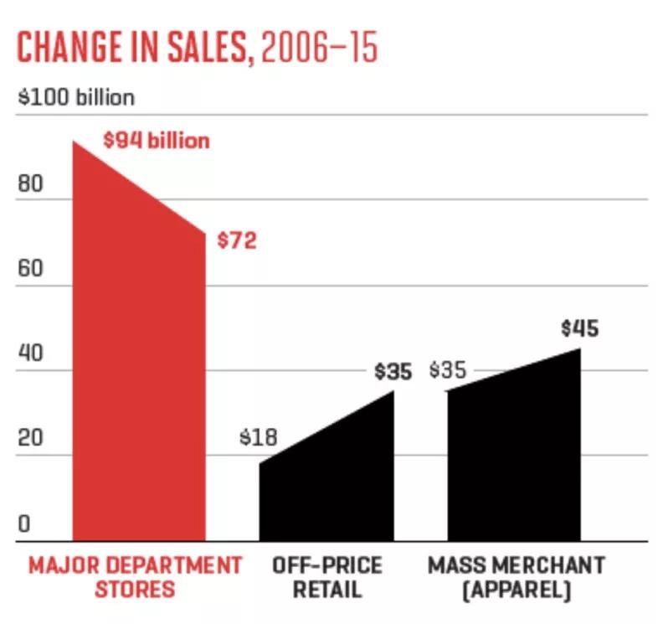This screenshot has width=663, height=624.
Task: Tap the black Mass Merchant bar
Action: click(513, 452)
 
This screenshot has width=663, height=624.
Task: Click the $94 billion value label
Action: click(157, 141)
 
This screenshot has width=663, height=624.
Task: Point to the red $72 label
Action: click(236, 242)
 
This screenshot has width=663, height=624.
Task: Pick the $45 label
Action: click(579, 329)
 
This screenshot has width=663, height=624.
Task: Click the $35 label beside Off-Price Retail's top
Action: click(393, 371)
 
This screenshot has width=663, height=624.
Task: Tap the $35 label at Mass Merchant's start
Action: click(448, 370)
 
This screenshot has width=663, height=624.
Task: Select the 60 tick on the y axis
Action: click(30, 271)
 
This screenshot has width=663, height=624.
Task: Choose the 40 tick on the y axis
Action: click(30, 355)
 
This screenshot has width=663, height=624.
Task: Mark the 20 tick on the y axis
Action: click(30, 441)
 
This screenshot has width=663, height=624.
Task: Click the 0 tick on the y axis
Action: click(24, 525)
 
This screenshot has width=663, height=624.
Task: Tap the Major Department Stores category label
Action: click(135, 576)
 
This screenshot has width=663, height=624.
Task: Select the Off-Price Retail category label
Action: click(327, 576)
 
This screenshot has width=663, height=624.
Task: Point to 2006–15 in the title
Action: click(319, 49)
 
